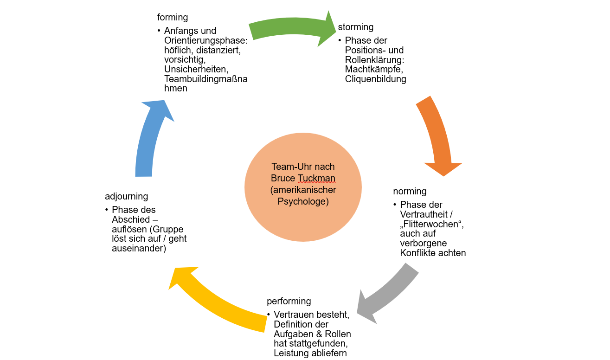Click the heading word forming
(x=173, y=18)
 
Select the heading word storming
(x=356, y=27)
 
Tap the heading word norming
(x=410, y=191)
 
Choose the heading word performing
(x=289, y=302)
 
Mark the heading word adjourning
(x=126, y=197)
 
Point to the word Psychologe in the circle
(x=303, y=201)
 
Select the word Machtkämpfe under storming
(x=373, y=70)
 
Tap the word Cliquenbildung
(x=375, y=79)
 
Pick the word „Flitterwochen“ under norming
(x=431, y=224)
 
